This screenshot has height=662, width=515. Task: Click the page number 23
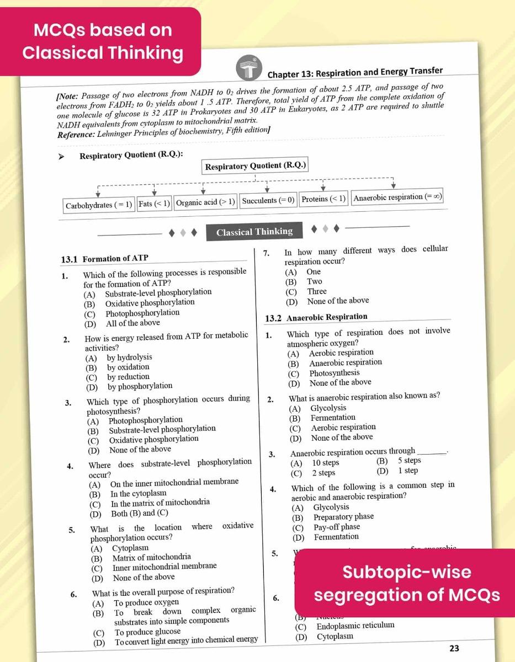[454, 648]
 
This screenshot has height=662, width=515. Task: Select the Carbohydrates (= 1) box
[99, 204]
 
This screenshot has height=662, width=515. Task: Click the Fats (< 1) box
[154, 204]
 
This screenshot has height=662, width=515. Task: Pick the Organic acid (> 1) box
[205, 202]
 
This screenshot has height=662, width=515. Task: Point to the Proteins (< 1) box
[323, 199]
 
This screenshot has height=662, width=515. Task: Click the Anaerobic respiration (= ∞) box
[397, 197]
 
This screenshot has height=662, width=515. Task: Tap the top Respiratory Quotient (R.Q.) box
[256, 166]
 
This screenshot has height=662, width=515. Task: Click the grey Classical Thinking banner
[254, 232]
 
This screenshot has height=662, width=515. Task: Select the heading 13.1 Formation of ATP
[104, 258]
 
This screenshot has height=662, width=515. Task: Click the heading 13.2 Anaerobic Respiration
[316, 317]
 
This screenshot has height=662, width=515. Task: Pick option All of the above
[132, 323]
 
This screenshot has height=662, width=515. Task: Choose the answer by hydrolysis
[130, 357]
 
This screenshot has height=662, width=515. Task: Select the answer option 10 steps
[326, 463]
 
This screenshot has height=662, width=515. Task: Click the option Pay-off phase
[337, 527]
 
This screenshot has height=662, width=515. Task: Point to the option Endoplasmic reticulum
[355, 626]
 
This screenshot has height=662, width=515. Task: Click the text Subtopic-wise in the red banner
[407, 572]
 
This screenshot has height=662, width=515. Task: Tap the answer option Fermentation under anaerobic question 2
[333, 418]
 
